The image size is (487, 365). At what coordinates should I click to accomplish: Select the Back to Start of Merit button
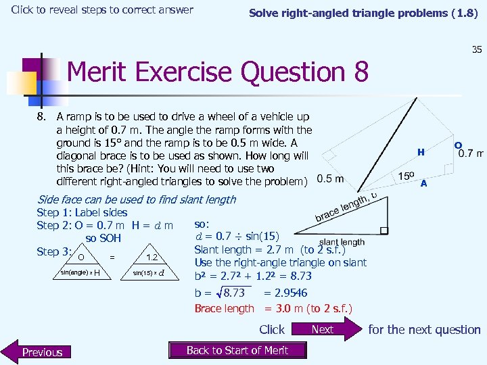[237, 350]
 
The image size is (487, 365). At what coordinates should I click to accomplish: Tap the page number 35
[476, 49]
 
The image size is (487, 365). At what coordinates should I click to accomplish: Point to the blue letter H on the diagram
[421, 153]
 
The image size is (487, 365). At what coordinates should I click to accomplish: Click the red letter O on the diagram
[458, 145]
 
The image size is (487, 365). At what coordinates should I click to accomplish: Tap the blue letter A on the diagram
[423, 183]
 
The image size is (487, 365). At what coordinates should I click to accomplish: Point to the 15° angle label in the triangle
[407, 176]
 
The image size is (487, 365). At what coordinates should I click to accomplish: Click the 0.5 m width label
[330, 178]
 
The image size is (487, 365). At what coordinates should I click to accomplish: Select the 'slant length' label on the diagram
[342, 242]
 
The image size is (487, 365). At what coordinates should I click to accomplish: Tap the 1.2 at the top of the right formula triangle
[152, 257]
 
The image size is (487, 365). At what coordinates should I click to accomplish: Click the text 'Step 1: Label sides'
[82, 212]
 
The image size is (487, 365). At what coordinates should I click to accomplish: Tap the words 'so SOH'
[103, 238]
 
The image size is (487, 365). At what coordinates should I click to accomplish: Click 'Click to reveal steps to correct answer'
[102, 9]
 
